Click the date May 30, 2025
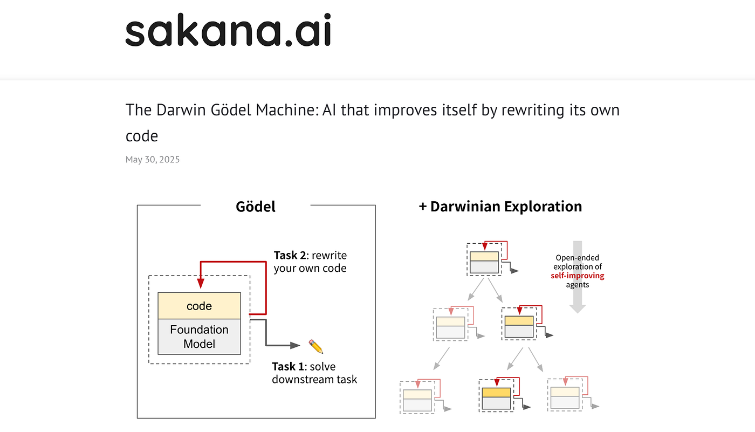153,160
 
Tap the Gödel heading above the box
256,207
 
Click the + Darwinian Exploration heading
500,207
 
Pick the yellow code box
199,306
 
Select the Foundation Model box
199,337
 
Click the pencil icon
315,346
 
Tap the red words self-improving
577,276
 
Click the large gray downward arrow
578,276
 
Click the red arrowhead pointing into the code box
200,284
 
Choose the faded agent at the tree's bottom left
417,397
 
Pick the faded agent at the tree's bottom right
565,395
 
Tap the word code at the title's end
142,136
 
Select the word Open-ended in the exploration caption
577,258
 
